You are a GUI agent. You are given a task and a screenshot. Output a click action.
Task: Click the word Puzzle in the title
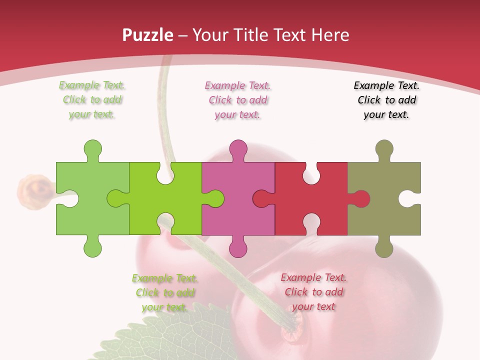148,35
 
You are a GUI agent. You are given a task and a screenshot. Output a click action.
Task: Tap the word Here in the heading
330,35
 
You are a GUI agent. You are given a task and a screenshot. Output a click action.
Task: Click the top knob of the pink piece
238,149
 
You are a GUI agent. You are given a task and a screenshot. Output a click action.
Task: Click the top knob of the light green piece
92,149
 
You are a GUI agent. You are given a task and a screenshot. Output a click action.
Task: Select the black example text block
386,100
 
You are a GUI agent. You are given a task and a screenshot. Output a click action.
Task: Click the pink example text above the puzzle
237,100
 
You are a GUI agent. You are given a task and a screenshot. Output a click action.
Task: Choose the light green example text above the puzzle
92,100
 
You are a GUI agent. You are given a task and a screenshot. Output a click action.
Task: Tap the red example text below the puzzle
313,292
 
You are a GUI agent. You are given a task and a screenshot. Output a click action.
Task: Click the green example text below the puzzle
165,292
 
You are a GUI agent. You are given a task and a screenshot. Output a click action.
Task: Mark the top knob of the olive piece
384,149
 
